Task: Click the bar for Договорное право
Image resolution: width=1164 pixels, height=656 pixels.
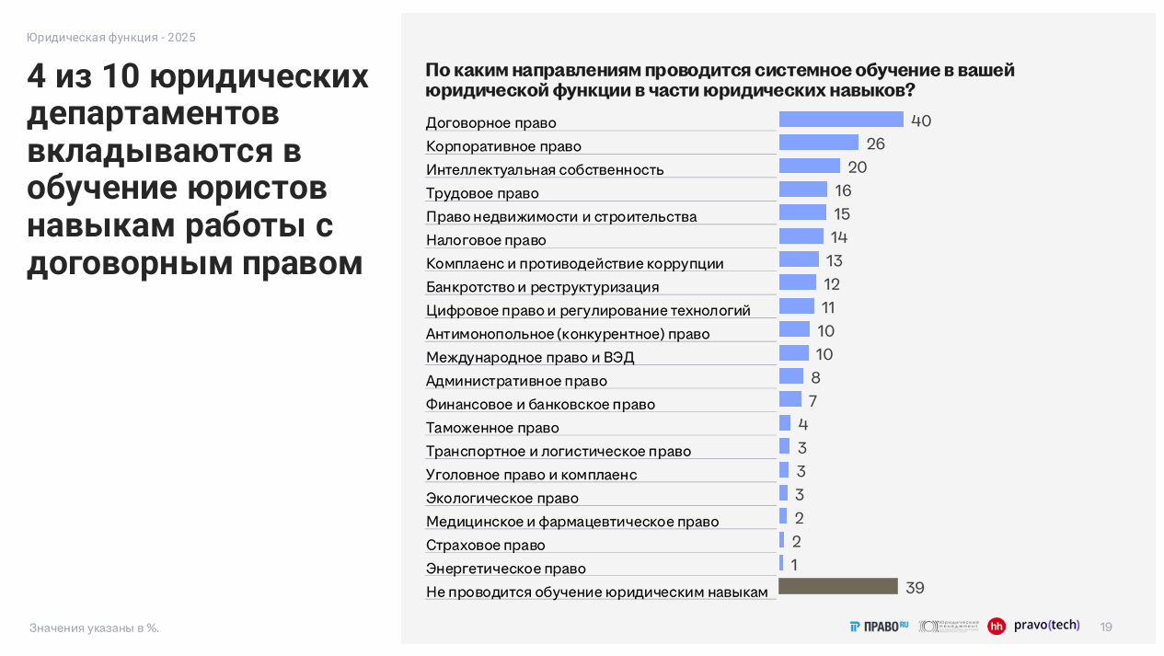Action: click(841, 120)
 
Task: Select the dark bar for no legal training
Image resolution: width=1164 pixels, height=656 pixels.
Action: click(838, 587)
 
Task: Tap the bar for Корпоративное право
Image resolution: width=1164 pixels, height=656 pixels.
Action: click(819, 143)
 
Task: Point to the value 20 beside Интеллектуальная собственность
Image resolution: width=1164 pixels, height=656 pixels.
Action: click(858, 167)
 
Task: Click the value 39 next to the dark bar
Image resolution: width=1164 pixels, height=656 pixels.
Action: click(915, 588)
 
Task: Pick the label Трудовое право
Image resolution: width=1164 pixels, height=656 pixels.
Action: click(482, 193)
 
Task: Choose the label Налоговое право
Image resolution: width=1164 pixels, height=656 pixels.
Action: click(486, 240)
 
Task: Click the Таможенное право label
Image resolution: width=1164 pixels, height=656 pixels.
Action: click(492, 428)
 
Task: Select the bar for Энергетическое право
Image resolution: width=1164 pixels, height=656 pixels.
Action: click(781, 563)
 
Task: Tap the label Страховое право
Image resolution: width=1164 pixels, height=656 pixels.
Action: click(486, 545)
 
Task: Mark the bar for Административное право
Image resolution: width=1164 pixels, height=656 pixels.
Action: click(791, 376)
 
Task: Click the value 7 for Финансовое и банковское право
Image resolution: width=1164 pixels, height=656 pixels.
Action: click(812, 401)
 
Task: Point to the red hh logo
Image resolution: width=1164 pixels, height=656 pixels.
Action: click(997, 627)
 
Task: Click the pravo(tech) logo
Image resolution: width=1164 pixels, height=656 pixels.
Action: click(1046, 626)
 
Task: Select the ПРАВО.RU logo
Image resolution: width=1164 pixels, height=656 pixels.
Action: click(879, 627)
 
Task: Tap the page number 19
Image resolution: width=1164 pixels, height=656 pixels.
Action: click(1106, 627)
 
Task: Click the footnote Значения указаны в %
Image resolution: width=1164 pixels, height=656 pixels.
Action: click(94, 628)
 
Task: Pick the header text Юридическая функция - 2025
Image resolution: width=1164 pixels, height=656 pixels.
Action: click(110, 38)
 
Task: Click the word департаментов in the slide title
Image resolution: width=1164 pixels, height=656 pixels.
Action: click(153, 114)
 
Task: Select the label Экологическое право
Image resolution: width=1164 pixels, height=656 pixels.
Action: click(502, 498)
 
